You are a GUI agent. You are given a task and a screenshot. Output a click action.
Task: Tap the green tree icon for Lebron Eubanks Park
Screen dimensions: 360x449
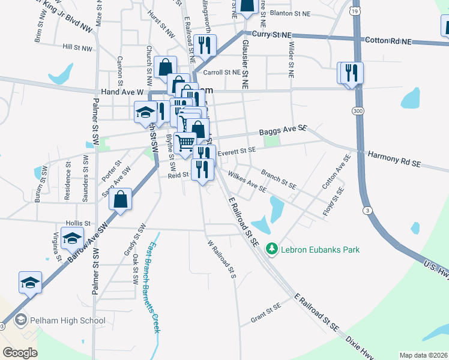272,248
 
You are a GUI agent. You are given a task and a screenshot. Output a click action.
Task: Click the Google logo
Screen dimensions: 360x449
20,353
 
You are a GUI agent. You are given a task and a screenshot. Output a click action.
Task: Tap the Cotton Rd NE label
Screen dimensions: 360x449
388,41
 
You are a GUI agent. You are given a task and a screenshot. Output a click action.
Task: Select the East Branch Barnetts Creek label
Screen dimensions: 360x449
151,288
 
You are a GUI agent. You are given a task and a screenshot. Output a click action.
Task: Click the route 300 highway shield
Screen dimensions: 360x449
358,112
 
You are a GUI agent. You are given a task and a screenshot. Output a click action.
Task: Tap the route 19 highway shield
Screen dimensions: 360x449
355,11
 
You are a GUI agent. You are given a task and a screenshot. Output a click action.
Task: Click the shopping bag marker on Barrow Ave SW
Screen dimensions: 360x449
121,200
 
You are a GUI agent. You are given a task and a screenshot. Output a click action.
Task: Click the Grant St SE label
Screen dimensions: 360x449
266,313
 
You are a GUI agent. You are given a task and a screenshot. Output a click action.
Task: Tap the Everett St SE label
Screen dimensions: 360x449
237,152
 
